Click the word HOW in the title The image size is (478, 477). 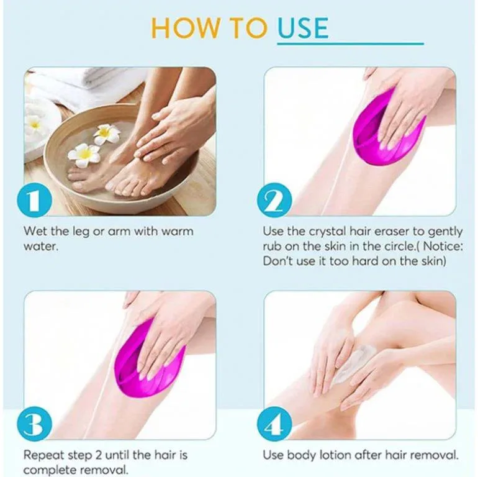[185, 28]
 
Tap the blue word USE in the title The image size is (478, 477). [303, 28]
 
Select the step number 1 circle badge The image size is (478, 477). [34, 200]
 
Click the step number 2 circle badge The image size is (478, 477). [274, 200]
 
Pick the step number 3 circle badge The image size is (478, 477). [34, 424]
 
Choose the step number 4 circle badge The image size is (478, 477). [274, 424]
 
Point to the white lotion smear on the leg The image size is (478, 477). [351, 366]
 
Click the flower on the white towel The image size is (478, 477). [34, 124]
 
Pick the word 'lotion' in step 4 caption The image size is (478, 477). [335, 455]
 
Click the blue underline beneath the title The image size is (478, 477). [350, 43]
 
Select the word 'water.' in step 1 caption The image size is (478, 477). [41, 246]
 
